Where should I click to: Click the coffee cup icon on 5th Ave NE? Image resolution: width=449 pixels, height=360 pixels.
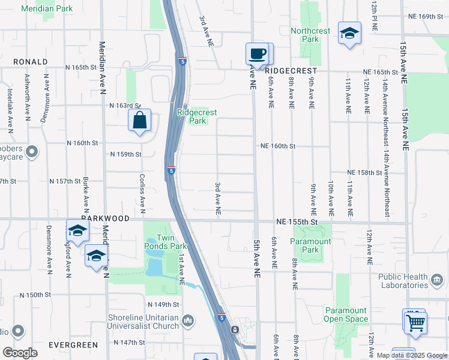tap(257, 54)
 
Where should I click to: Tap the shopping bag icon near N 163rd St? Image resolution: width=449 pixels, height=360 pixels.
tap(139, 120)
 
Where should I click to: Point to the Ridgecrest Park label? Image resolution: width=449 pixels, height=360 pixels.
tap(197, 116)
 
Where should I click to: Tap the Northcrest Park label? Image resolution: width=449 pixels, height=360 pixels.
tap(310, 35)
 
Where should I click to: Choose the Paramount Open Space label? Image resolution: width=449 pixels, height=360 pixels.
tap(346, 314)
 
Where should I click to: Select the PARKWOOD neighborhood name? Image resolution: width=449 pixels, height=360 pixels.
tap(106, 219)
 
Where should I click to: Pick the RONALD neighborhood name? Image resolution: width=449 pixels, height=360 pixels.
tap(30, 62)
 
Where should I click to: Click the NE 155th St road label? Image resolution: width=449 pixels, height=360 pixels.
tap(297, 222)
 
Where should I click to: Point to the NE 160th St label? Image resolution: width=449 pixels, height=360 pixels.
tap(278, 146)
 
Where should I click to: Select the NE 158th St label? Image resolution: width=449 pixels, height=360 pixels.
tap(364, 173)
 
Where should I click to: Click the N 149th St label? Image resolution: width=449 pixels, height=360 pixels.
tap(163, 304)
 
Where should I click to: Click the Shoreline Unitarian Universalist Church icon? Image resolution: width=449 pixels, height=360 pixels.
tap(188, 321)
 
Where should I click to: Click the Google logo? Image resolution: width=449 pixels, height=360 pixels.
tap(20, 353)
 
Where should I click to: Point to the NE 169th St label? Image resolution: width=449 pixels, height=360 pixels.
tap(427, 16)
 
